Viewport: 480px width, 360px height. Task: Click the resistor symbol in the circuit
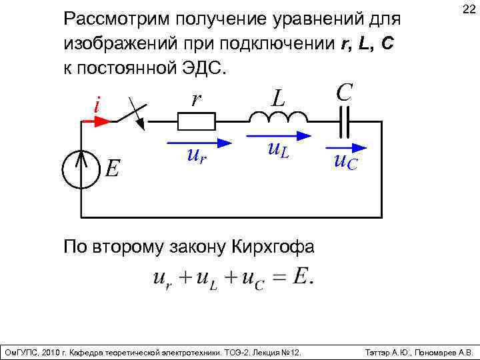pyautogui.click(x=196, y=121)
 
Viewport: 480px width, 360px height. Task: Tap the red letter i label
pyautogui.click(x=97, y=105)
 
